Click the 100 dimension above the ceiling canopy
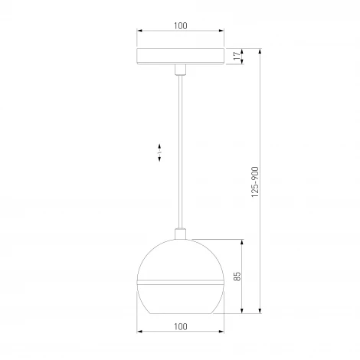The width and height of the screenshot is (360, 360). tap(180, 25)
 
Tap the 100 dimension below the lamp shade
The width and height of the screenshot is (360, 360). tap(180, 326)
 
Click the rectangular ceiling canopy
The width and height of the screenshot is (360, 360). tap(180, 57)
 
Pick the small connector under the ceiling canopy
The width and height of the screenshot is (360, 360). tap(180, 70)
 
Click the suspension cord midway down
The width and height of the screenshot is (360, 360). tap(180, 153)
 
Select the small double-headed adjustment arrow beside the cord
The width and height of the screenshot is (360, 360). tap(159, 152)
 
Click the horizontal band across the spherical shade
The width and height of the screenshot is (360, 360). tap(180, 281)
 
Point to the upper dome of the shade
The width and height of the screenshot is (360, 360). tap(180, 260)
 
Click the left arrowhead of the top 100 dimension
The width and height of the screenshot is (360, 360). tap(139, 32)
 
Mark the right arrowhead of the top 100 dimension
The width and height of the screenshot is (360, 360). tap(221, 32)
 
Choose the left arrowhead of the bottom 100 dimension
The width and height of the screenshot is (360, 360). tap(139, 333)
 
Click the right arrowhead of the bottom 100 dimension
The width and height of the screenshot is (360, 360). tap(221, 333)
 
